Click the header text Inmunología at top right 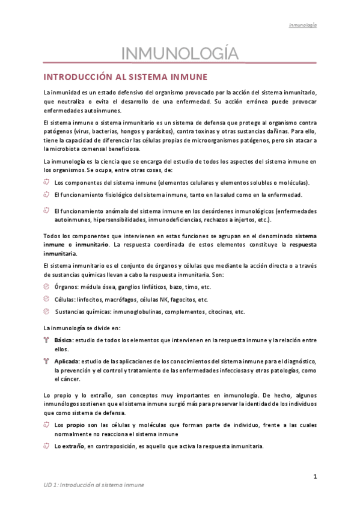303,25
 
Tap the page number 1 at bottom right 315,476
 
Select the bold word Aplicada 66,361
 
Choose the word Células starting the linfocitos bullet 65,300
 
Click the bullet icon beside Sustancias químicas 47,312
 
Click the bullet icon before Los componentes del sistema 47,182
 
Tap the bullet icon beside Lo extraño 47,446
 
